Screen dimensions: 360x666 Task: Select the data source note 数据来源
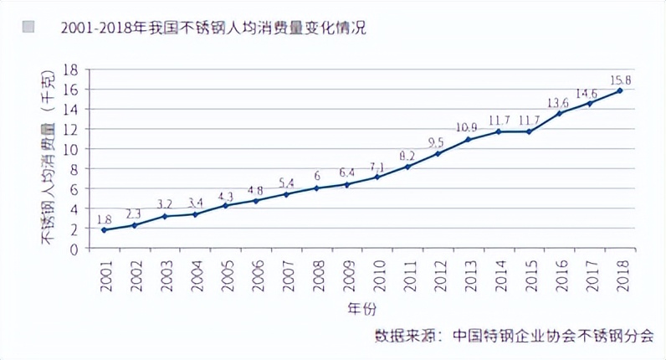(x=515, y=333)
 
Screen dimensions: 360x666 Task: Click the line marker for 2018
(x=620, y=90)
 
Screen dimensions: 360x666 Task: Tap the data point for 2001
(x=104, y=229)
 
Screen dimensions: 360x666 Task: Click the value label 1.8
(x=105, y=219)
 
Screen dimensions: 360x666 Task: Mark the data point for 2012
(x=438, y=153)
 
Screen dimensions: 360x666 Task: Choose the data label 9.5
(x=436, y=143)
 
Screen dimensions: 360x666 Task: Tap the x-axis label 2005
(x=225, y=275)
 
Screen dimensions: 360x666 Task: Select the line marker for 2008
(x=316, y=188)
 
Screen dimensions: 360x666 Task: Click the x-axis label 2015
(x=529, y=275)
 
